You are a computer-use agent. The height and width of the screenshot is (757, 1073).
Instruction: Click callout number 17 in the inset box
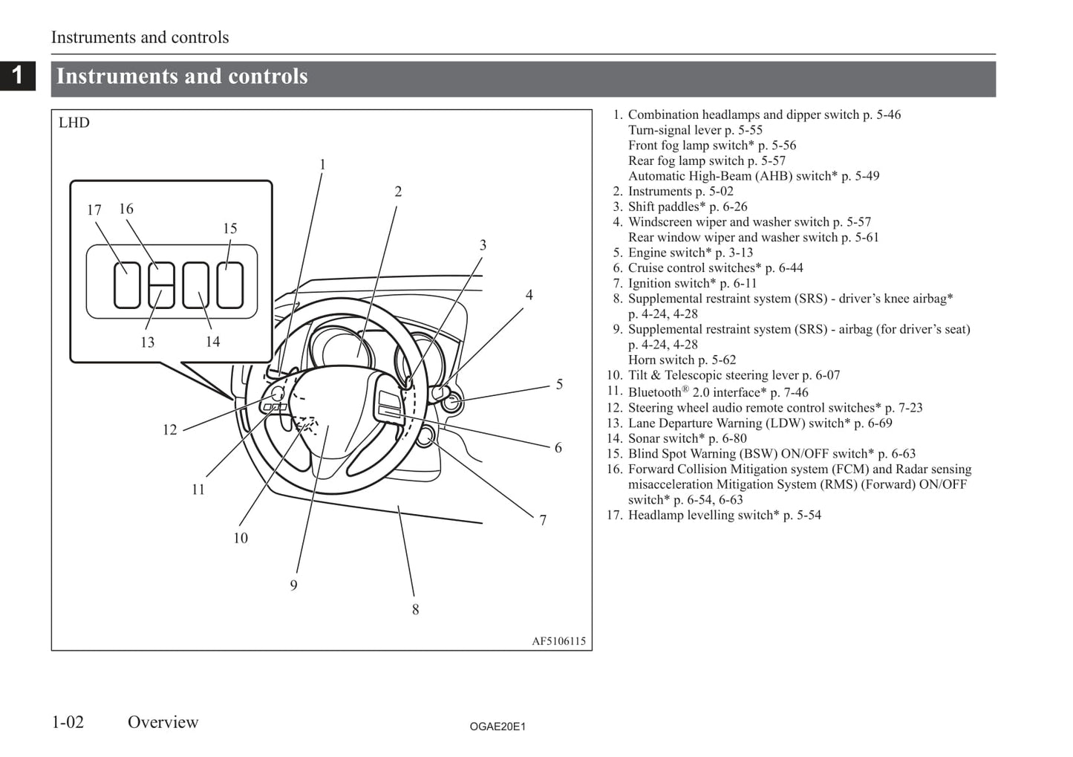point(94,210)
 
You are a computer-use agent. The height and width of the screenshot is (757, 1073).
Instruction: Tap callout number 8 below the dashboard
point(415,610)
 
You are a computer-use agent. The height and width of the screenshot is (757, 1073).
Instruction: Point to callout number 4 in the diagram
point(529,295)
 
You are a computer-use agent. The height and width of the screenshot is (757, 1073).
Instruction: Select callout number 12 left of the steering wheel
point(170,430)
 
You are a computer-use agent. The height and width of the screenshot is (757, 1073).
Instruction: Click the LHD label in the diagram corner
point(74,123)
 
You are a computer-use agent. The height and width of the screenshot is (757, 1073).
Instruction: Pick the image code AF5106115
point(558,641)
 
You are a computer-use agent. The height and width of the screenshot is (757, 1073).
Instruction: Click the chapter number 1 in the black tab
point(17,75)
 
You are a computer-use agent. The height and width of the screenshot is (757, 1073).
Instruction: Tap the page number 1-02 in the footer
point(68,722)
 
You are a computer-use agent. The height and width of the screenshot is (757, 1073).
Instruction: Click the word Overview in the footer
point(163,722)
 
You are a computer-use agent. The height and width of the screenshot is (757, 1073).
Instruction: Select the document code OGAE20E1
point(498,727)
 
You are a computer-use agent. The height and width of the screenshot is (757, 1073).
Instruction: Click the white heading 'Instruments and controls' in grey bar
point(182,77)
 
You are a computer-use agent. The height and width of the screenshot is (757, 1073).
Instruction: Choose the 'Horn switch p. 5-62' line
point(682,360)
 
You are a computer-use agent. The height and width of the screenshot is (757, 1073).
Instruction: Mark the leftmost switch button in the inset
point(127,285)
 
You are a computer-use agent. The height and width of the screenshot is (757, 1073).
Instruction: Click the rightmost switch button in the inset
point(230,285)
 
